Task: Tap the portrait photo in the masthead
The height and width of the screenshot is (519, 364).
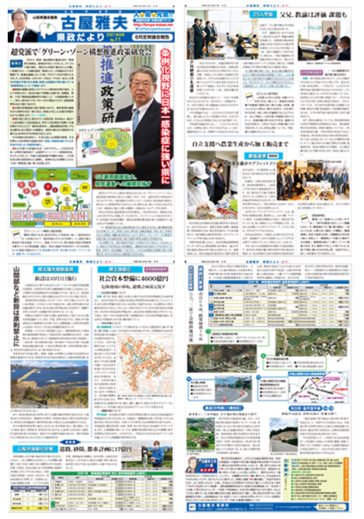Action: tap(23, 31)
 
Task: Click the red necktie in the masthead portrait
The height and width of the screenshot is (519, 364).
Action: tap(23, 40)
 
